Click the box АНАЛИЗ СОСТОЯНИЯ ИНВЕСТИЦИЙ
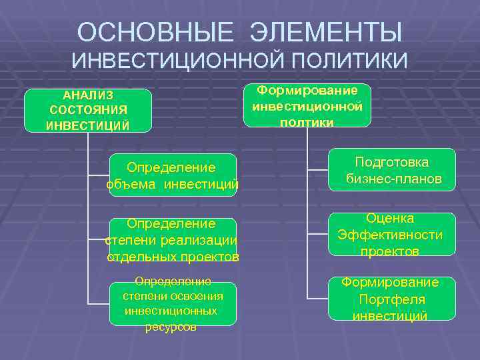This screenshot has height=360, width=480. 88,110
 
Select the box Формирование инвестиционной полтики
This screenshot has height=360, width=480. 307,105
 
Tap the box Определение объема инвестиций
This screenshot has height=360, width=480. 171,175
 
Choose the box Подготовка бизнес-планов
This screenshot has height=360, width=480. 392,171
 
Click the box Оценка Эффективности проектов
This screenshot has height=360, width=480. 392,235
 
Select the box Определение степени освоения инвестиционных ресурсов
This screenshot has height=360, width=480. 173,304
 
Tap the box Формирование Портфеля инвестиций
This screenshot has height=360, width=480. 392,299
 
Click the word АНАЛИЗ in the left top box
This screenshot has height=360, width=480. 88,95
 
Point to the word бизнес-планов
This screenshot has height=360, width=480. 394,179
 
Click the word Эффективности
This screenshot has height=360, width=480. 390,235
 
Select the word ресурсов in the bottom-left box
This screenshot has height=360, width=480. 171,327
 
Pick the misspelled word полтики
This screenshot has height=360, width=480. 307,122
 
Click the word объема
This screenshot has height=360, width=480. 133,183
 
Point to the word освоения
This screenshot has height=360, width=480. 198,296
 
